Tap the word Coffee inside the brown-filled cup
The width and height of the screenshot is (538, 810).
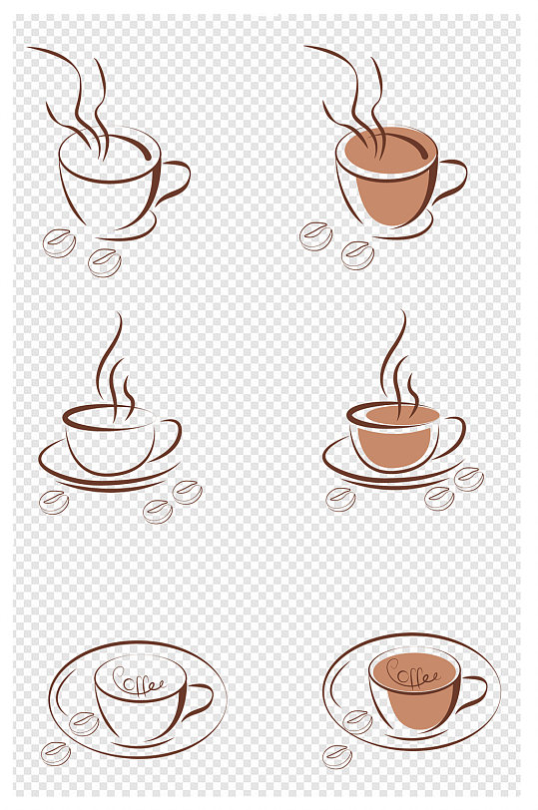point(412,674)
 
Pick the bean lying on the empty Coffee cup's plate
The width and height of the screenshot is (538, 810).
point(84,723)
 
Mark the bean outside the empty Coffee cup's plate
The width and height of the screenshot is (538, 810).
point(56,754)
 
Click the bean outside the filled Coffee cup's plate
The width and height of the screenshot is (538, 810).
point(337,757)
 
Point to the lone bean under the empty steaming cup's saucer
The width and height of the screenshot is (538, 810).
point(54,502)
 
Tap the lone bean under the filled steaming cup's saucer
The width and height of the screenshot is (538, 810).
point(340,500)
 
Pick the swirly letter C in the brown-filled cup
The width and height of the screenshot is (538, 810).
point(394,671)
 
